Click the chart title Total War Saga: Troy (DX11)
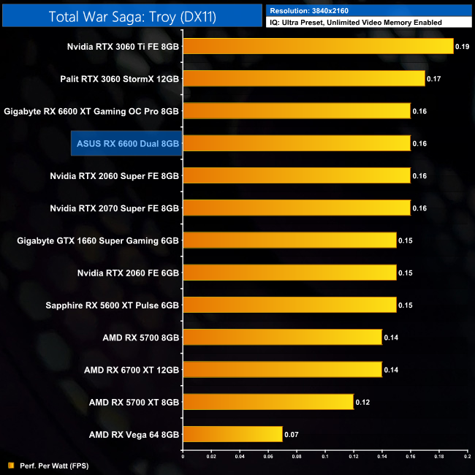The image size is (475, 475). click(132, 15)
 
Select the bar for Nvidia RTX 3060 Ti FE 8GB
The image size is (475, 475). click(318, 47)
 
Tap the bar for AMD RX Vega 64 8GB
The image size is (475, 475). click(232, 434)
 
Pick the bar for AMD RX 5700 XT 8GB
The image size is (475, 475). click(268, 402)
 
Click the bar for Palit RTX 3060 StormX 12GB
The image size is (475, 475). click(303, 79)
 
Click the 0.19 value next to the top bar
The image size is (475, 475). click(462, 47)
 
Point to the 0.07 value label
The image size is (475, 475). click(291, 434)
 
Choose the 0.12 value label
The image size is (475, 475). click(362, 402)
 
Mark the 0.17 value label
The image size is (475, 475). click(433, 79)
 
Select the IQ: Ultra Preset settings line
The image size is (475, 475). click(356, 23)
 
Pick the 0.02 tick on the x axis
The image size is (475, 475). click(211, 456)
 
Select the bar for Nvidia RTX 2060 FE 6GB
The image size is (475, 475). click(289, 273)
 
